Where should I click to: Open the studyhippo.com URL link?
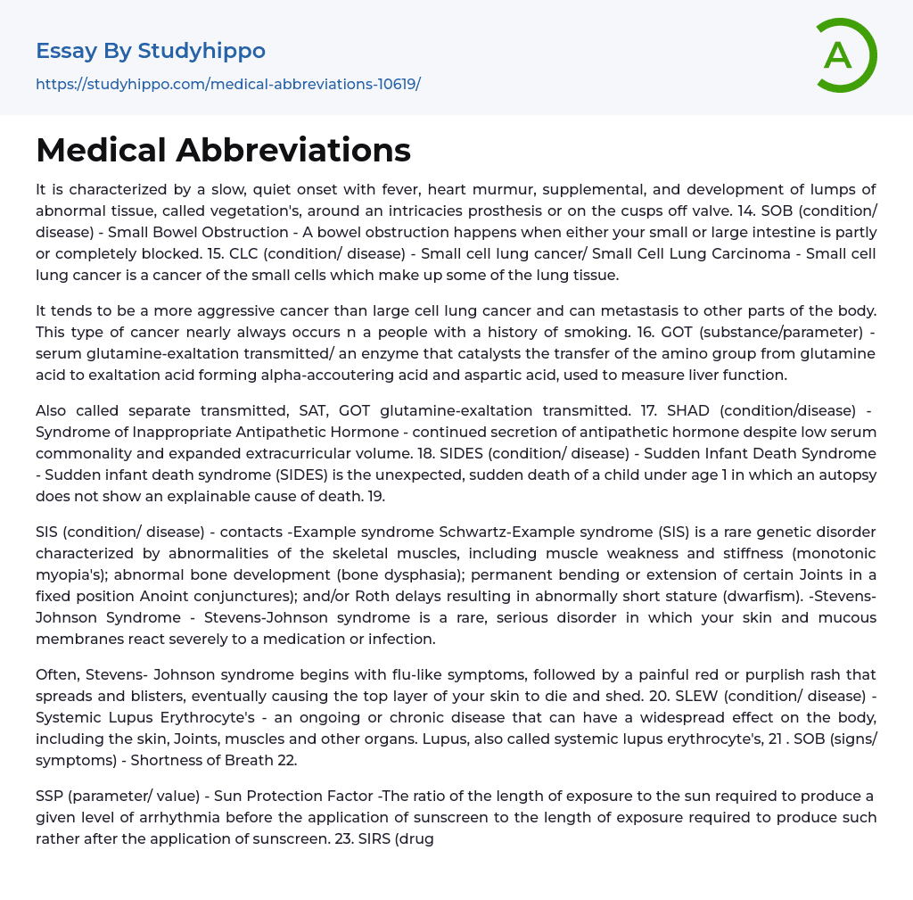[227, 85]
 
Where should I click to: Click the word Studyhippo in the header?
[202, 51]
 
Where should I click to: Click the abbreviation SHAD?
[687, 410]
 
